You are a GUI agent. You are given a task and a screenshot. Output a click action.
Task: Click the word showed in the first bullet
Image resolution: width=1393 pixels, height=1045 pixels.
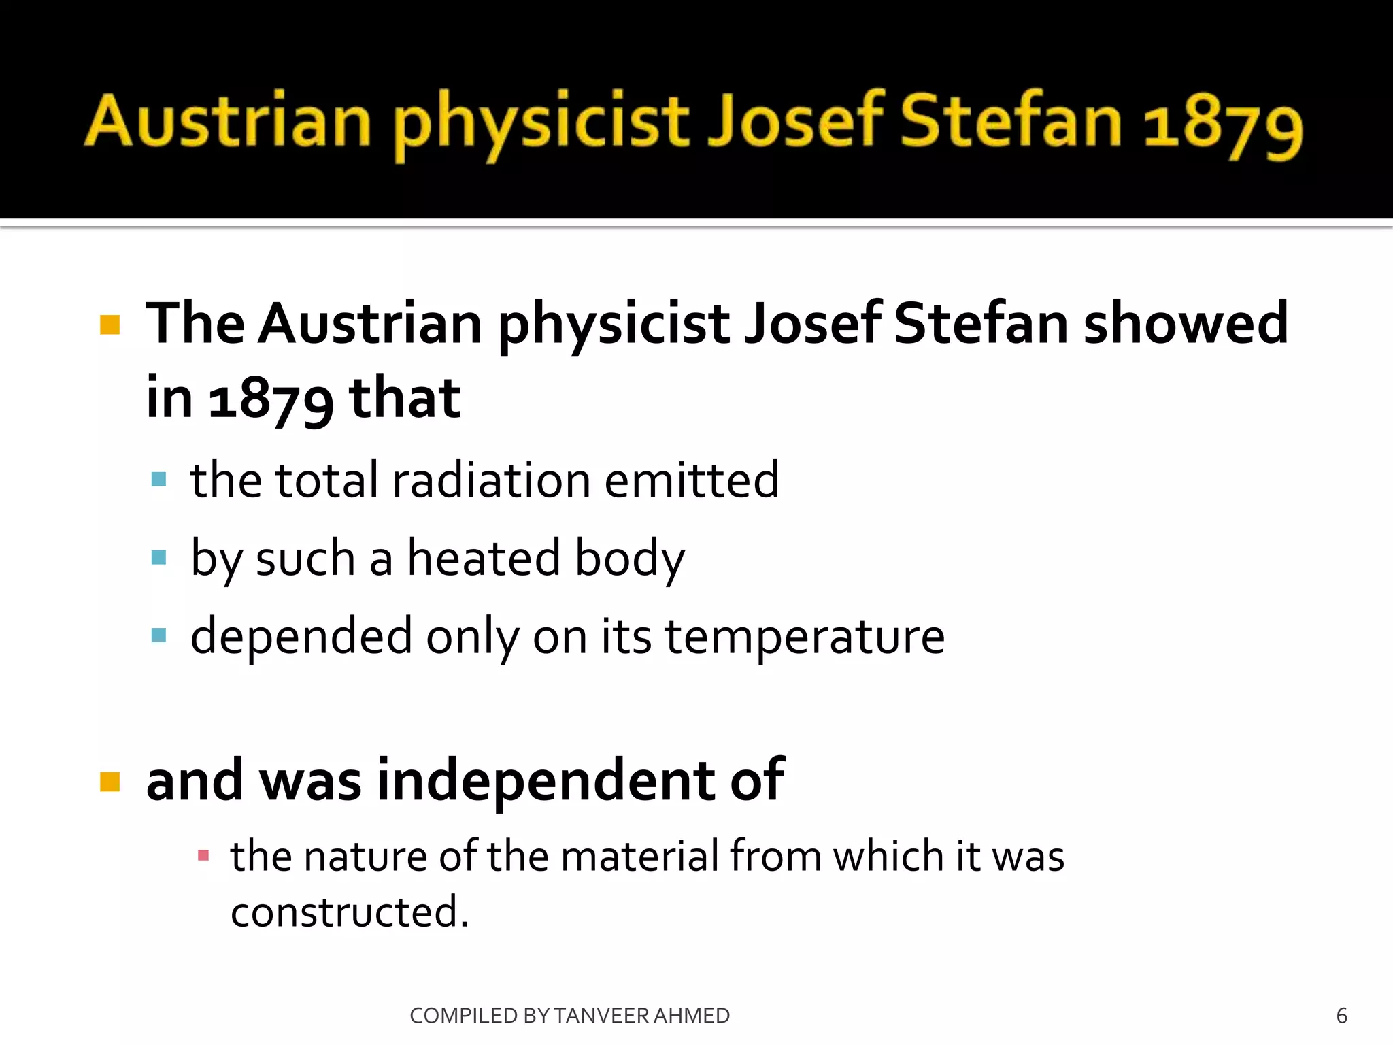coord(1186,323)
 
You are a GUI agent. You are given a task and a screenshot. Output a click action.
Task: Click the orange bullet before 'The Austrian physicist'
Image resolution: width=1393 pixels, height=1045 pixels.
coord(110,325)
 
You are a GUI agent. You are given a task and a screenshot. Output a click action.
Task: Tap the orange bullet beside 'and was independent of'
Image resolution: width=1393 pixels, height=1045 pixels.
coord(110,782)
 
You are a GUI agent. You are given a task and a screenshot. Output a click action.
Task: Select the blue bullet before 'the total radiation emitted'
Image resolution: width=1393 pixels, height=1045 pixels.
coord(159,480)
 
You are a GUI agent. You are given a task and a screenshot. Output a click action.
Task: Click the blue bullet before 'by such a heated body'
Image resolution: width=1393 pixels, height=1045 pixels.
coord(159,558)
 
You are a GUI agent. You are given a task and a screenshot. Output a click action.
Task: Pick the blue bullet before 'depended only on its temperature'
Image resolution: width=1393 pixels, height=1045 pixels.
coord(159,635)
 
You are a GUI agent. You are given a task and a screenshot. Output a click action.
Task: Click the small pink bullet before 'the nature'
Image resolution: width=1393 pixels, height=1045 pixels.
coord(203,855)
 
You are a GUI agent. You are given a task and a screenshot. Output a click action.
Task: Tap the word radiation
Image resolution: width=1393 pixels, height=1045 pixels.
coord(491,480)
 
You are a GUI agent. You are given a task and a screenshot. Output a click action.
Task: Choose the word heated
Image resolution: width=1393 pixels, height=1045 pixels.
coord(484,558)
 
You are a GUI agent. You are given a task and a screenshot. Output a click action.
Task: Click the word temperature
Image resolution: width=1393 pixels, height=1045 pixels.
coord(805,638)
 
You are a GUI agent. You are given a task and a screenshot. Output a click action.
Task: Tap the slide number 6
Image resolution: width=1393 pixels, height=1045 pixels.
coord(1341,1016)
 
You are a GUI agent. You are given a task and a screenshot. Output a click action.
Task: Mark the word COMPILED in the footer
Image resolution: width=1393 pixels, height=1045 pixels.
coord(464,1016)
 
